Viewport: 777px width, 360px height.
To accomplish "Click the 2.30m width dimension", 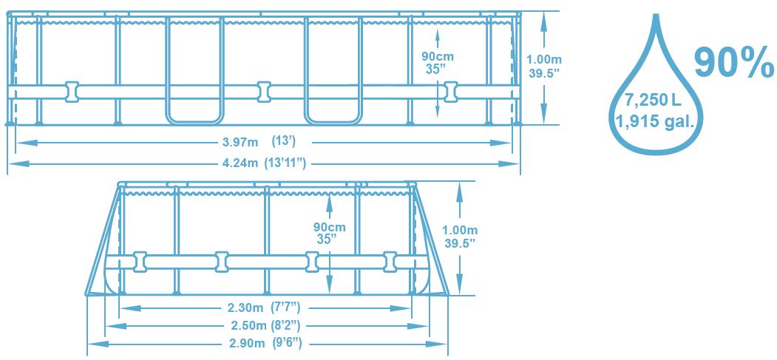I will pyautogui.click(x=245, y=308).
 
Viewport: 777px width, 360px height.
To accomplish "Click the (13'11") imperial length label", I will pyautogui.click(x=289, y=163).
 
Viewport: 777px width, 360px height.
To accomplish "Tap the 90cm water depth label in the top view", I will pyautogui.click(x=438, y=56).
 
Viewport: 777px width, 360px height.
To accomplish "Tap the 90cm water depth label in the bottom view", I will pyautogui.click(x=329, y=227).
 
